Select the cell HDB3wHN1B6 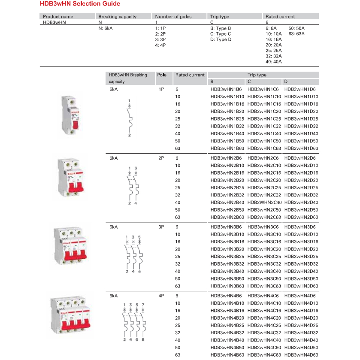pyautogui.click(x=226, y=89)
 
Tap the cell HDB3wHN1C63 pyautogui.click(x=264, y=148)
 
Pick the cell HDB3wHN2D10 pyautogui.click(x=301, y=166)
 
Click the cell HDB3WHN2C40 pyautogui.click(x=264, y=203)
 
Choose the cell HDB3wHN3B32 pyautogui.click(x=227, y=264)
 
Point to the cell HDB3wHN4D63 pyautogui.click(x=301, y=355)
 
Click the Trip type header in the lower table pyautogui.click(x=257, y=75)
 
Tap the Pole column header pyautogui.click(x=162, y=75)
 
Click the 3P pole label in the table pyautogui.click(x=161, y=227)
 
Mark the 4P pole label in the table pyautogui.click(x=161, y=296)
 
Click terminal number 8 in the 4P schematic pyautogui.click(x=143, y=340)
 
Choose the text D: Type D pyautogui.click(x=221, y=39)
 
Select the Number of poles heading pyautogui.click(x=173, y=17)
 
